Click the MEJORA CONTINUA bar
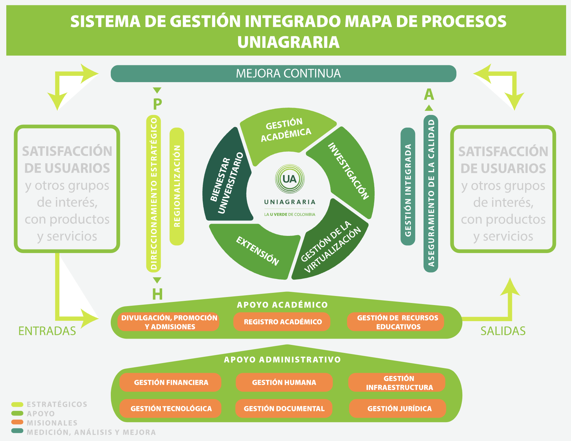click(283, 74)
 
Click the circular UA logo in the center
click(290, 179)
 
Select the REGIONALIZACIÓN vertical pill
click(177, 186)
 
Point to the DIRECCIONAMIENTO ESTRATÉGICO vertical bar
click(153, 194)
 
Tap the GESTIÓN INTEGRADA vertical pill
click(408, 187)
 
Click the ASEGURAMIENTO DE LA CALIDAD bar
click(431, 194)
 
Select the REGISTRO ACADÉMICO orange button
click(282, 322)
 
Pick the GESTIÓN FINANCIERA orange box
click(171, 382)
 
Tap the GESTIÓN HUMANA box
click(284, 382)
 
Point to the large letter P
click(157, 104)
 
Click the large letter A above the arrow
click(429, 95)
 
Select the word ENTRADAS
click(47, 331)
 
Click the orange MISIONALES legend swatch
click(17, 422)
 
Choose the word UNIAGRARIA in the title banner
click(288, 42)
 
